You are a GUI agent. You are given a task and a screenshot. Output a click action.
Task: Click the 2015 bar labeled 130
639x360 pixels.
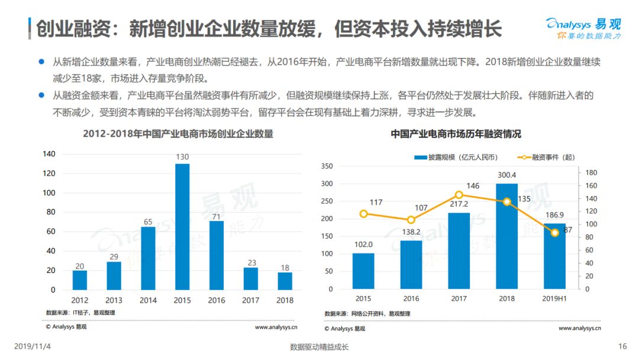(x=182, y=227)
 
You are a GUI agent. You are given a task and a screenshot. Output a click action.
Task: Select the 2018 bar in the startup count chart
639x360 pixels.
(x=285, y=281)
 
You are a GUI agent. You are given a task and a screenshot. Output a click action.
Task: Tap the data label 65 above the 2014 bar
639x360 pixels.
(x=148, y=222)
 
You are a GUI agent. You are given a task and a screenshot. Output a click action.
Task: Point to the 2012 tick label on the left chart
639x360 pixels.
(x=79, y=300)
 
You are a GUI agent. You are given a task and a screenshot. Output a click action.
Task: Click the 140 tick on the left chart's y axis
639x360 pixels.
(x=49, y=154)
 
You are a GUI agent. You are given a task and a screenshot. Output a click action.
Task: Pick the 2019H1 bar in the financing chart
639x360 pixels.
(x=554, y=256)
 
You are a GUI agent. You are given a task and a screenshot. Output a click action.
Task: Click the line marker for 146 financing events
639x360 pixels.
(x=459, y=195)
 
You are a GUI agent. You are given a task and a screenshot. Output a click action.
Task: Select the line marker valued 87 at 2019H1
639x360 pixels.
(x=554, y=233)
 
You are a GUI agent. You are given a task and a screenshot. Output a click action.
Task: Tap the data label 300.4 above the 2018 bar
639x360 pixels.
(x=506, y=175)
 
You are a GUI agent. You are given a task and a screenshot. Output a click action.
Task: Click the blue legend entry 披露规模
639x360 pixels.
(x=456, y=157)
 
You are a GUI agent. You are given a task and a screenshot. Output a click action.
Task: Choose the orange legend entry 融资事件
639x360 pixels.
(x=546, y=157)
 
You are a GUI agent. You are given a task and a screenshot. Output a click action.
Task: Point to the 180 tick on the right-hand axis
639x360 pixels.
(x=591, y=172)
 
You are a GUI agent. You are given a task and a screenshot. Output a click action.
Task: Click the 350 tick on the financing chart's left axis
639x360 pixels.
(x=327, y=166)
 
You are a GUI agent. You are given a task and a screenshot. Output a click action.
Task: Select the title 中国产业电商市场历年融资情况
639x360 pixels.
(x=456, y=134)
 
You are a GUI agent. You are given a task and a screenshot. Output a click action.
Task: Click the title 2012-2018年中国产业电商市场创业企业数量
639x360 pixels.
(x=178, y=134)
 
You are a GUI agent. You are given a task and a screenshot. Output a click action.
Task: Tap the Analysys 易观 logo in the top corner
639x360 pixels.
(x=583, y=28)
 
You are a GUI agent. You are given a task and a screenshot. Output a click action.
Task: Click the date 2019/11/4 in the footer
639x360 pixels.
(x=33, y=346)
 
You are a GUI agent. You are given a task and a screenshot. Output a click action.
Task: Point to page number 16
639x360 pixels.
(x=622, y=346)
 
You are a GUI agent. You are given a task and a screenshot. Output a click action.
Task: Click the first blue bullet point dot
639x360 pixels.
(x=41, y=62)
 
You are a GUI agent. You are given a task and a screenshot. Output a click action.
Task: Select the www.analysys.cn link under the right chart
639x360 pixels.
(x=579, y=328)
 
